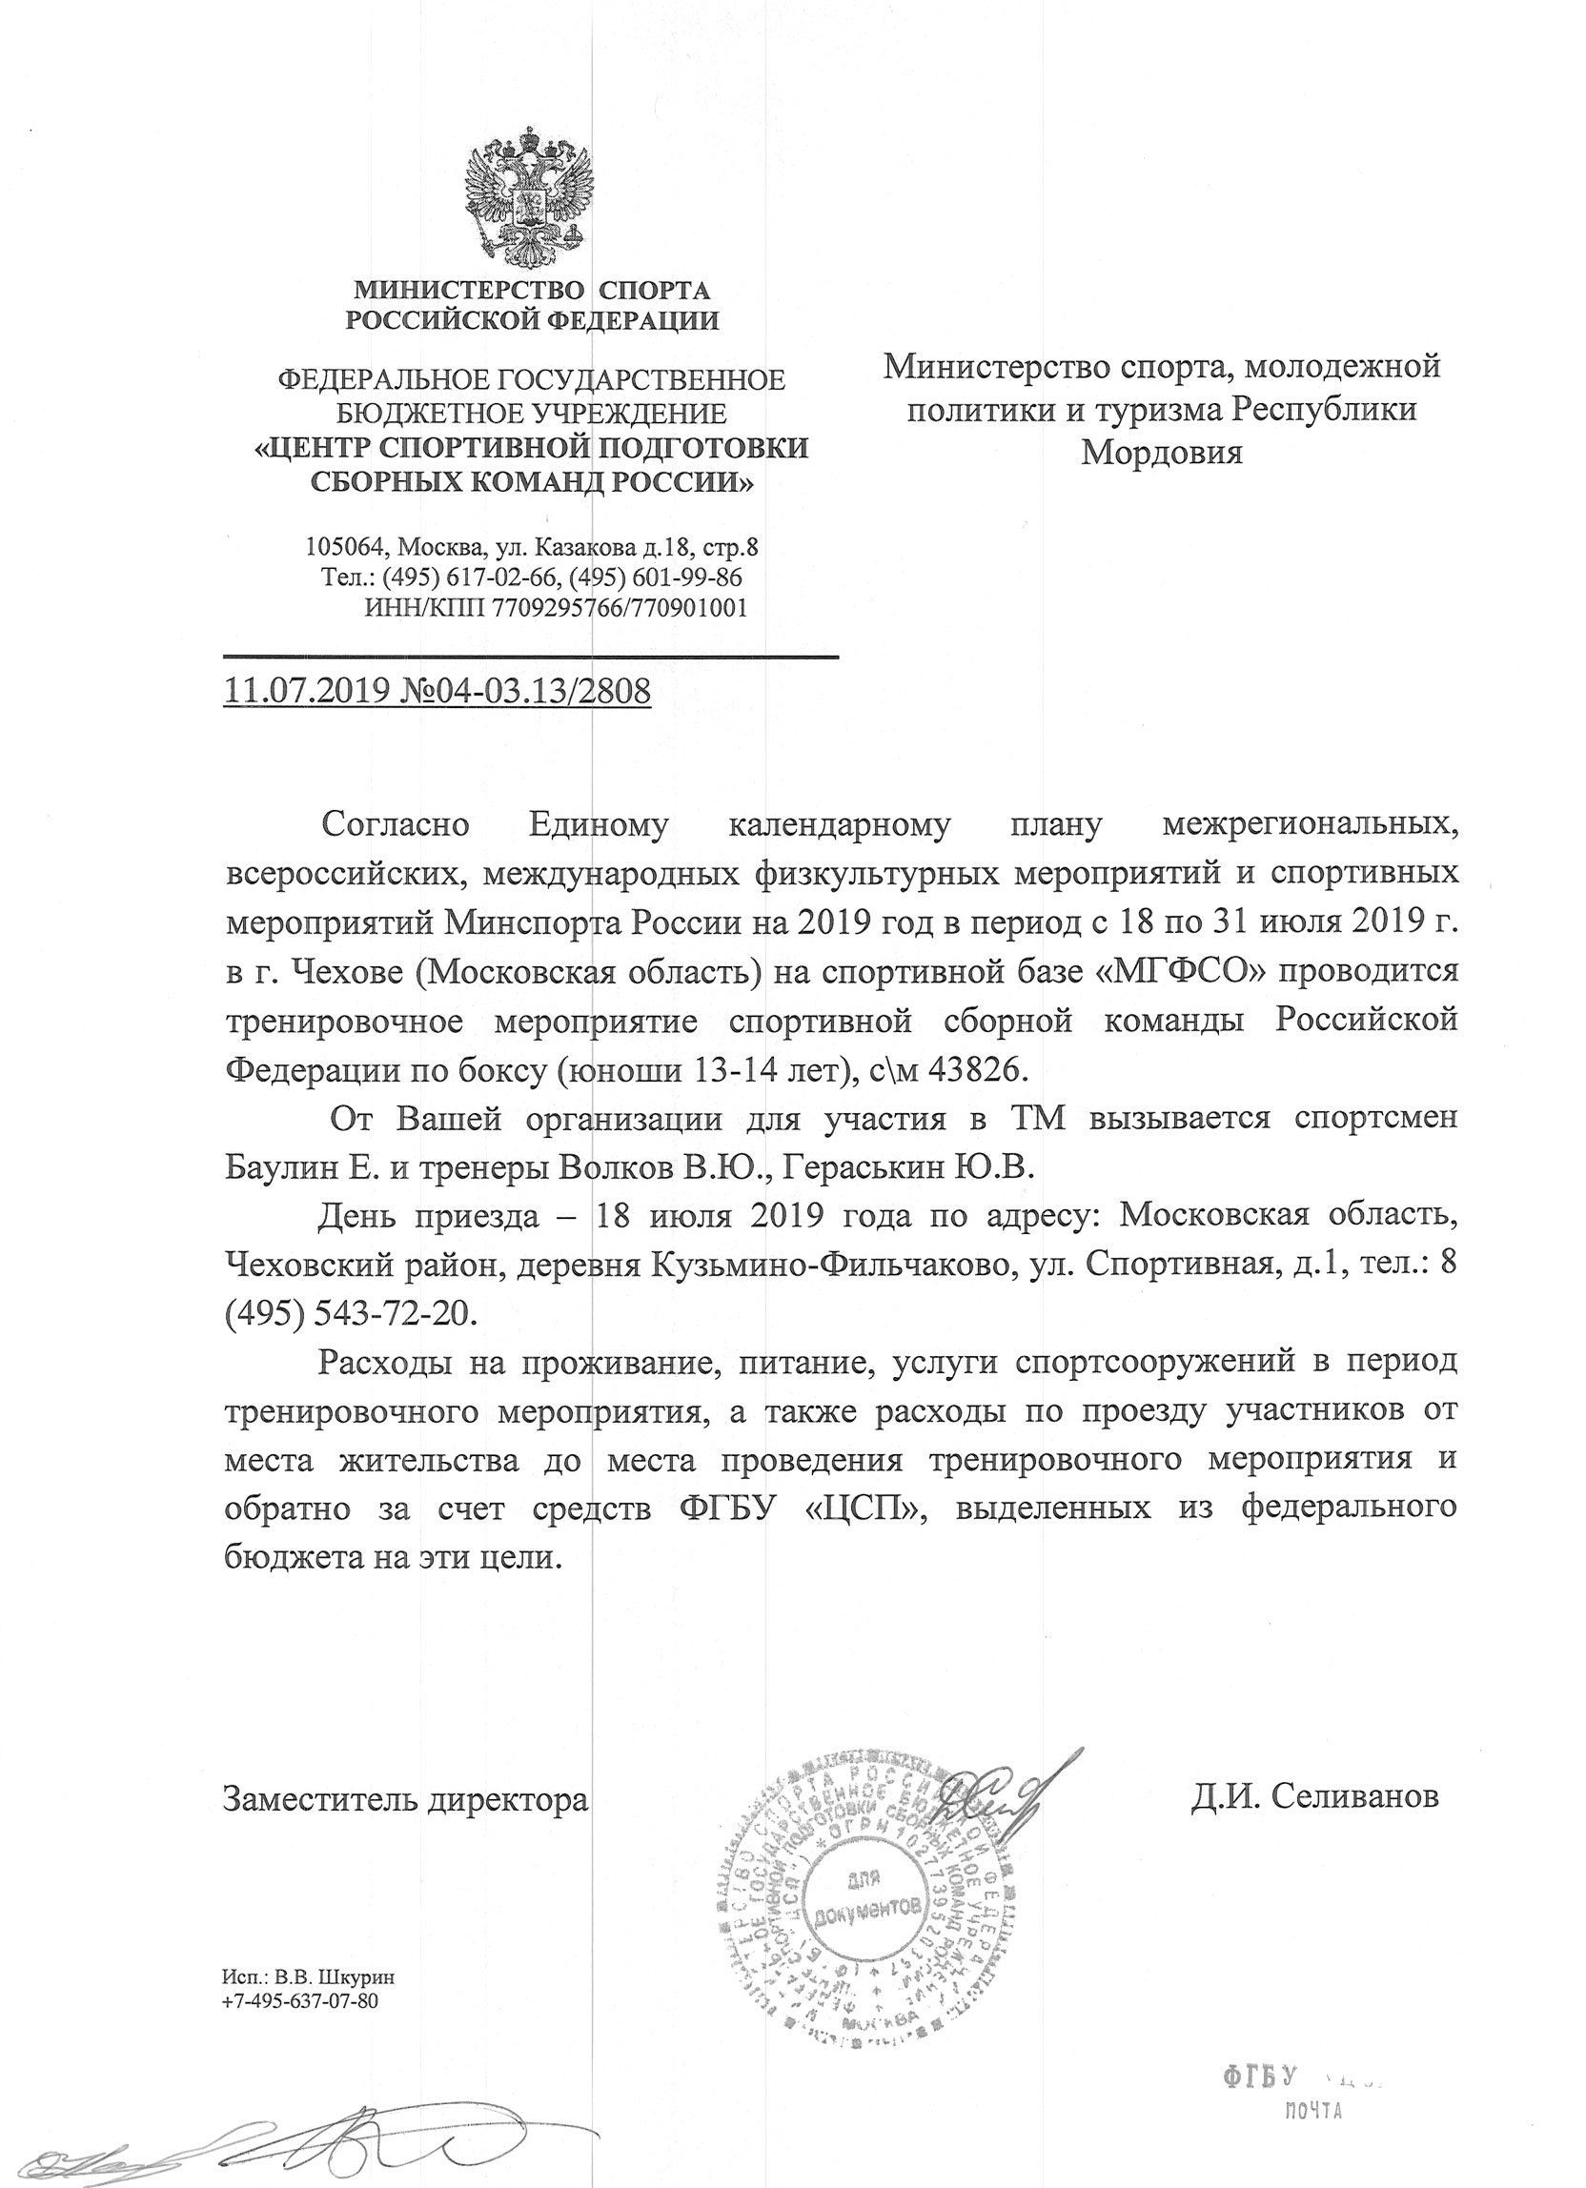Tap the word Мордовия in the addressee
[x=1162, y=453]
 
